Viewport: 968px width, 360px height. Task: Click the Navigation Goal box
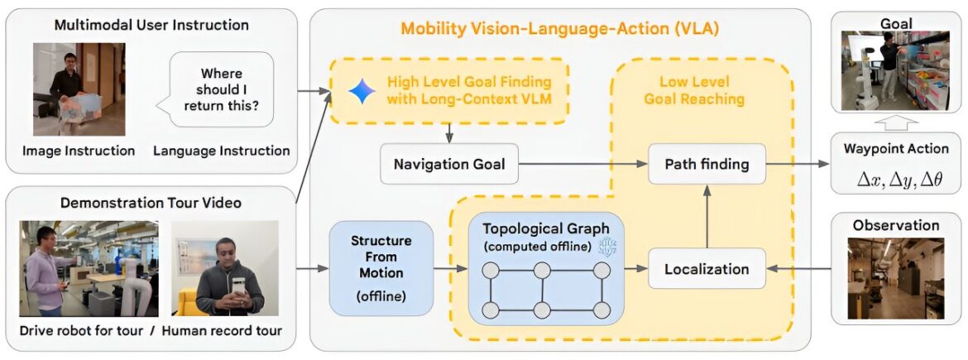pos(448,164)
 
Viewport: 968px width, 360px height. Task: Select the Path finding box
pos(707,164)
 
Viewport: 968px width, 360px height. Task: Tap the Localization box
pos(707,269)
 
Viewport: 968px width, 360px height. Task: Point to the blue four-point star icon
pos(362,91)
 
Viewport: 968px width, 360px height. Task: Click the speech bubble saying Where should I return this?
pos(220,89)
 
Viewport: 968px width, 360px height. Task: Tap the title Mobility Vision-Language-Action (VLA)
pos(560,28)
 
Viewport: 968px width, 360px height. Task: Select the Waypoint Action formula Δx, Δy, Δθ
pos(896,180)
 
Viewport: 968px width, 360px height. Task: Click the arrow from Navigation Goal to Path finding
pos(583,164)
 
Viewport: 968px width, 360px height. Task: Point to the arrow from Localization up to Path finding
pos(707,216)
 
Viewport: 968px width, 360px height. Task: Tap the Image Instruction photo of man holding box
pos(79,89)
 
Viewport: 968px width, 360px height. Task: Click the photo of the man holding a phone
pos(226,268)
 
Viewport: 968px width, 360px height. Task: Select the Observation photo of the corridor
pos(896,279)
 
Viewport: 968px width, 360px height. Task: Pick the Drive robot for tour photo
pos(89,268)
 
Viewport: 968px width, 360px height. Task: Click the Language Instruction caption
pos(222,151)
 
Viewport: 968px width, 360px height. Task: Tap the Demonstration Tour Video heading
pos(151,203)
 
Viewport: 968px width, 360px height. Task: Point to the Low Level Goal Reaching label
pos(694,90)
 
